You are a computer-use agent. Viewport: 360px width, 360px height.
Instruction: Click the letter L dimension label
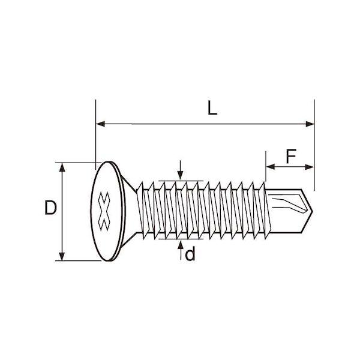click(212, 108)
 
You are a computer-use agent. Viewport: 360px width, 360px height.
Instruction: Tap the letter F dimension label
click(291, 156)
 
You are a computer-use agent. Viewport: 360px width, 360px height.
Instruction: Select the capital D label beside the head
click(50, 208)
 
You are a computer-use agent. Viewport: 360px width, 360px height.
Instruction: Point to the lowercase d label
click(190, 253)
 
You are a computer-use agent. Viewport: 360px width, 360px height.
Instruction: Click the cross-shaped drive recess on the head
click(104, 211)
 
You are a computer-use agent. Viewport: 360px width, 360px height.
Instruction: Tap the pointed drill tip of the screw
click(312, 211)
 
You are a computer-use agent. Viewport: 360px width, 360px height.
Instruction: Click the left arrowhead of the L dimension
click(100, 124)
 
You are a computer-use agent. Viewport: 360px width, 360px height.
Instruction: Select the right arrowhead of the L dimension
click(310, 124)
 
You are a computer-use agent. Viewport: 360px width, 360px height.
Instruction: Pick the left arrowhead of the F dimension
click(271, 167)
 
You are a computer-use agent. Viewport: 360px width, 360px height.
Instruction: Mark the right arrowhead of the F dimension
click(309, 167)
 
